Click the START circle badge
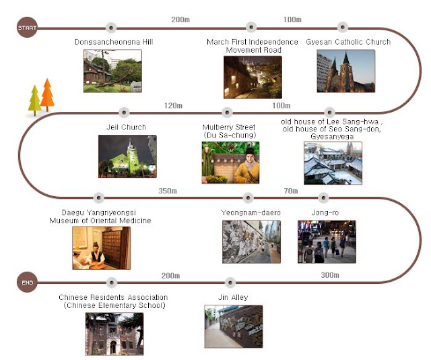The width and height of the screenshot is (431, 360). coord(26,28)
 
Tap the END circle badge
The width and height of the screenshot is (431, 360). coord(26,282)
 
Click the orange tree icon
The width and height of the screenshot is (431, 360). coord(47,94)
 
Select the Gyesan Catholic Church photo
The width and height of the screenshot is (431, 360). coord(346,71)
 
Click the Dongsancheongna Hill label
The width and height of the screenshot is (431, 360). coord(114,42)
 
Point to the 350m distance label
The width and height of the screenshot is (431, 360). coord(168,191)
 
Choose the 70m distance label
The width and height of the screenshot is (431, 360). coord(291,191)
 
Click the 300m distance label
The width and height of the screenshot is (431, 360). coord(330,275)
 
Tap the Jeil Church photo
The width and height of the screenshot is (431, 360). coord(127,156)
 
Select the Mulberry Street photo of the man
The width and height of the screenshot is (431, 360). coord(231,162)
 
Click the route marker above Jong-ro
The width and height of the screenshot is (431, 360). coord(323,198)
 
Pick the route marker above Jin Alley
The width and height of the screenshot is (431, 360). coord(232,282)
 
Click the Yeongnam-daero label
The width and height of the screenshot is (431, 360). coord(251,213)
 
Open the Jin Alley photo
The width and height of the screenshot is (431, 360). coord(234,326)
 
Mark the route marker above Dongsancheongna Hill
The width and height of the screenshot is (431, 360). coord(111,28)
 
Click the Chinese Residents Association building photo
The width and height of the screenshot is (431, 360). coord(114,334)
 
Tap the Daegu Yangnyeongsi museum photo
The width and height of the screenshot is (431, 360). coord(102,247)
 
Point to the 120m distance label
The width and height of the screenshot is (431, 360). coord(174,105)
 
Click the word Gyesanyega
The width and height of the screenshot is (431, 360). coord(333,136)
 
